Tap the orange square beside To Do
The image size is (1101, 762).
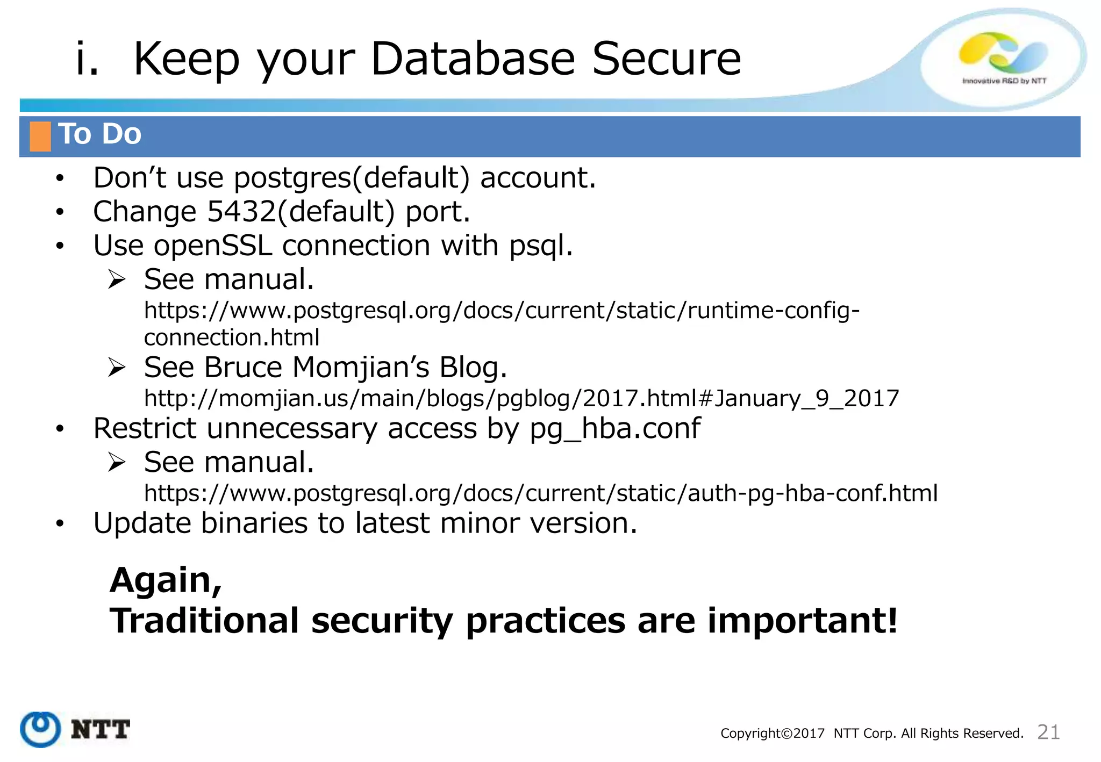pyautogui.click(x=40, y=136)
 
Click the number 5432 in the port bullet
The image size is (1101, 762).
pyautogui.click(x=241, y=212)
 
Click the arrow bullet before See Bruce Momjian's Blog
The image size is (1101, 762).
pyautogui.click(x=117, y=368)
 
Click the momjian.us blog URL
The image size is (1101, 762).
pyautogui.click(x=521, y=399)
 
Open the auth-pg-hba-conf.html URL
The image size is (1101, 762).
pyautogui.click(x=540, y=493)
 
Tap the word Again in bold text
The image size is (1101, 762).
pyautogui.click(x=166, y=581)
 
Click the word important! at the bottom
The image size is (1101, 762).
pyautogui.click(x=802, y=621)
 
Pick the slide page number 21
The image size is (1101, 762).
pyautogui.click(x=1048, y=732)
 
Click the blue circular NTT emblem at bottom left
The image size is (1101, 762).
pyautogui.click(x=40, y=729)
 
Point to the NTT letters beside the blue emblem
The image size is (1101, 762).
pyautogui.click(x=101, y=730)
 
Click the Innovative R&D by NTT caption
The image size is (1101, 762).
pyautogui.click(x=1004, y=81)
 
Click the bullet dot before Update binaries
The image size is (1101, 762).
pyautogui.click(x=60, y=523)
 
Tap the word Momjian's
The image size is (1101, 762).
pyautogui.click(x=361, y=368)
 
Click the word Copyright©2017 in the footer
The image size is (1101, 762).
pyautogui.click(x=772, y=734)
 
